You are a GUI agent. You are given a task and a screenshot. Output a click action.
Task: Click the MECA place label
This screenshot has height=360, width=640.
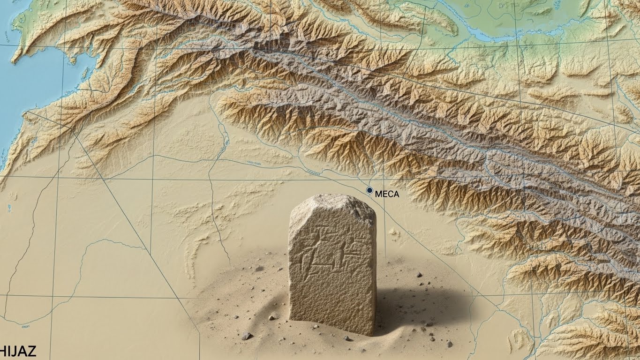pos(387,194)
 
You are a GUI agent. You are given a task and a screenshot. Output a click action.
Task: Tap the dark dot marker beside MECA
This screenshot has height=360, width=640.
pos(369,190)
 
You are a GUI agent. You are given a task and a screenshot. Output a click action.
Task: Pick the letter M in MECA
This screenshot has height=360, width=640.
pos(379,194)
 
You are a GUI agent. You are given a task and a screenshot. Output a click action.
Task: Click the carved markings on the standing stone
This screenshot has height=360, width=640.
pos(328,248)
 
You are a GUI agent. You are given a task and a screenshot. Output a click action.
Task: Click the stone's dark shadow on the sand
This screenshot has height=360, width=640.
pos(413,305)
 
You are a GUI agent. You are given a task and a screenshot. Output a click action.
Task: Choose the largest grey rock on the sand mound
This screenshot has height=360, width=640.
pos(246,336)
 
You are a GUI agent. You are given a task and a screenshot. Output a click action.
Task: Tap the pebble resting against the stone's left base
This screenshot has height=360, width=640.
pos(273,317)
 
